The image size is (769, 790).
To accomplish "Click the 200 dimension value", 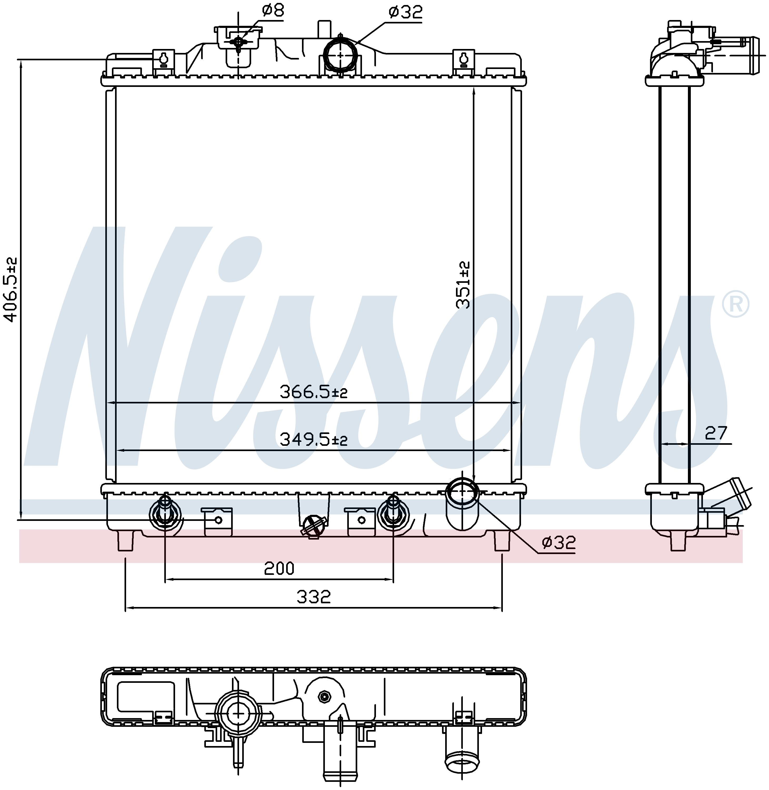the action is coord(279,569).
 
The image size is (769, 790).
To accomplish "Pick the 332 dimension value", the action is coord(314,596).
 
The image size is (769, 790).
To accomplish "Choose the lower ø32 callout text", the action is coord(559,542).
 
